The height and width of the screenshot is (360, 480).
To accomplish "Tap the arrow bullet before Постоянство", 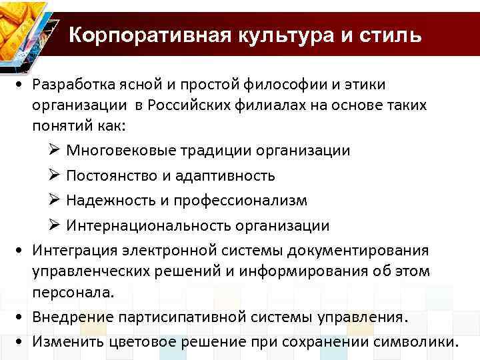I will click(x=55, y=175).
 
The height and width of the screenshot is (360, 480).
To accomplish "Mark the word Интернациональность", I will click(x=155, y=225).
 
